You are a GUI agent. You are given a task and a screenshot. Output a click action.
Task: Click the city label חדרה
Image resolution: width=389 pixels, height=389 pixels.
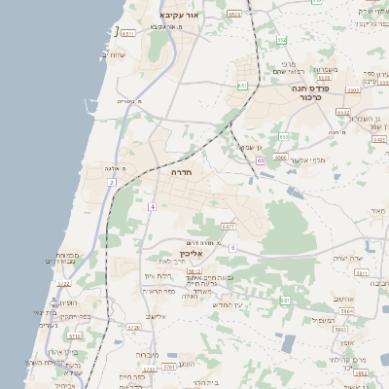pyautogui.click(x=181, y=171)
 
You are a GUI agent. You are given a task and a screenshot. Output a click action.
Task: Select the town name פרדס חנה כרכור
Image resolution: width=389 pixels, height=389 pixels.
pyautogui.click(x=312, y=92)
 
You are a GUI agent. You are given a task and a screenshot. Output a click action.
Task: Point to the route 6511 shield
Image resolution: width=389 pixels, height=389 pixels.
pyautogui.click(x=127, y=33)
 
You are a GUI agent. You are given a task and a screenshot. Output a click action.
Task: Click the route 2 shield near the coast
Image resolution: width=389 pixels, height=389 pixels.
pyautogui.click(x=112, y=182)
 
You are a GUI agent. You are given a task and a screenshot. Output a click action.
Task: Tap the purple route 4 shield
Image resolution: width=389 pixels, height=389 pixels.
pyautogui.click(x=152, y=207)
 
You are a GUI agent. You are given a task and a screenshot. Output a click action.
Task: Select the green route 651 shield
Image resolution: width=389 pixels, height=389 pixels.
pyautogui.click(x=242, y=87)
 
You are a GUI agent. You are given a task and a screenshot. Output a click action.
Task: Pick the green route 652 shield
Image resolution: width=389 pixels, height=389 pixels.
pyautogui.click(x=282, y=40)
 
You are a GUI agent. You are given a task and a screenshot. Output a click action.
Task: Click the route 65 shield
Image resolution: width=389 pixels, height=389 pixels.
pyautogui.click(x=261, y=159)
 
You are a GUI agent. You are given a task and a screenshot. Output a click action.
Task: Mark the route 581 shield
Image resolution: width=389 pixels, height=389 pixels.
pyautogui.click(x=286, y=301)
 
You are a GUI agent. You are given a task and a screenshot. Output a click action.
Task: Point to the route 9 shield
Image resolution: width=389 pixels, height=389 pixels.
pyautogui.click(x=232, y=247)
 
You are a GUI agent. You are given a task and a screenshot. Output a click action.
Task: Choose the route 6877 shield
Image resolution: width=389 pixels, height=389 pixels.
pyautogui.click(x=229, y=227)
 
